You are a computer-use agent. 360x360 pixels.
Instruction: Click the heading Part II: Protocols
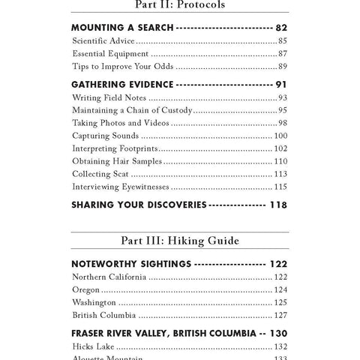click(x=179, y=4)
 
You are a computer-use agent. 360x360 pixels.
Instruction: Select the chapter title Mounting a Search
click(x=122, y=27)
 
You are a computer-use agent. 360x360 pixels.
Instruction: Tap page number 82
click(x=281, y=27)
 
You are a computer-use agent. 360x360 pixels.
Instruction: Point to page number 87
click(x=282, y=54)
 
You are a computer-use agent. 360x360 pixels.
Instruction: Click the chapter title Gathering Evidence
click(x=122, y=84)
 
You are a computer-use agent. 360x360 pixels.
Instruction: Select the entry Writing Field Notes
click(x=110, y=97)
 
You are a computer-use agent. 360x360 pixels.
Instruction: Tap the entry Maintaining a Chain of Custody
click(x=130, y=110)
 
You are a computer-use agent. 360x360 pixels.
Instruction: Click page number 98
click(x=282, y=123)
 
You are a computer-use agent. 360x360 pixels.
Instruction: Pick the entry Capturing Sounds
click(x=105, y=136)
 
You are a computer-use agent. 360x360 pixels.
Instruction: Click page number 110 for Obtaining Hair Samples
click(x=280, y=161)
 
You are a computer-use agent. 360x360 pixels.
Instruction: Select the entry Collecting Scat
click(x=100, y=174)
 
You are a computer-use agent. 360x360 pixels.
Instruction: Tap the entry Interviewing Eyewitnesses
click(x=120, y=187)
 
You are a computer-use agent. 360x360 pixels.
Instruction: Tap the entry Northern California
click(x=110, y=277)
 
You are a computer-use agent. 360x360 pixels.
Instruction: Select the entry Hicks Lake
click(x=93, y=346)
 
